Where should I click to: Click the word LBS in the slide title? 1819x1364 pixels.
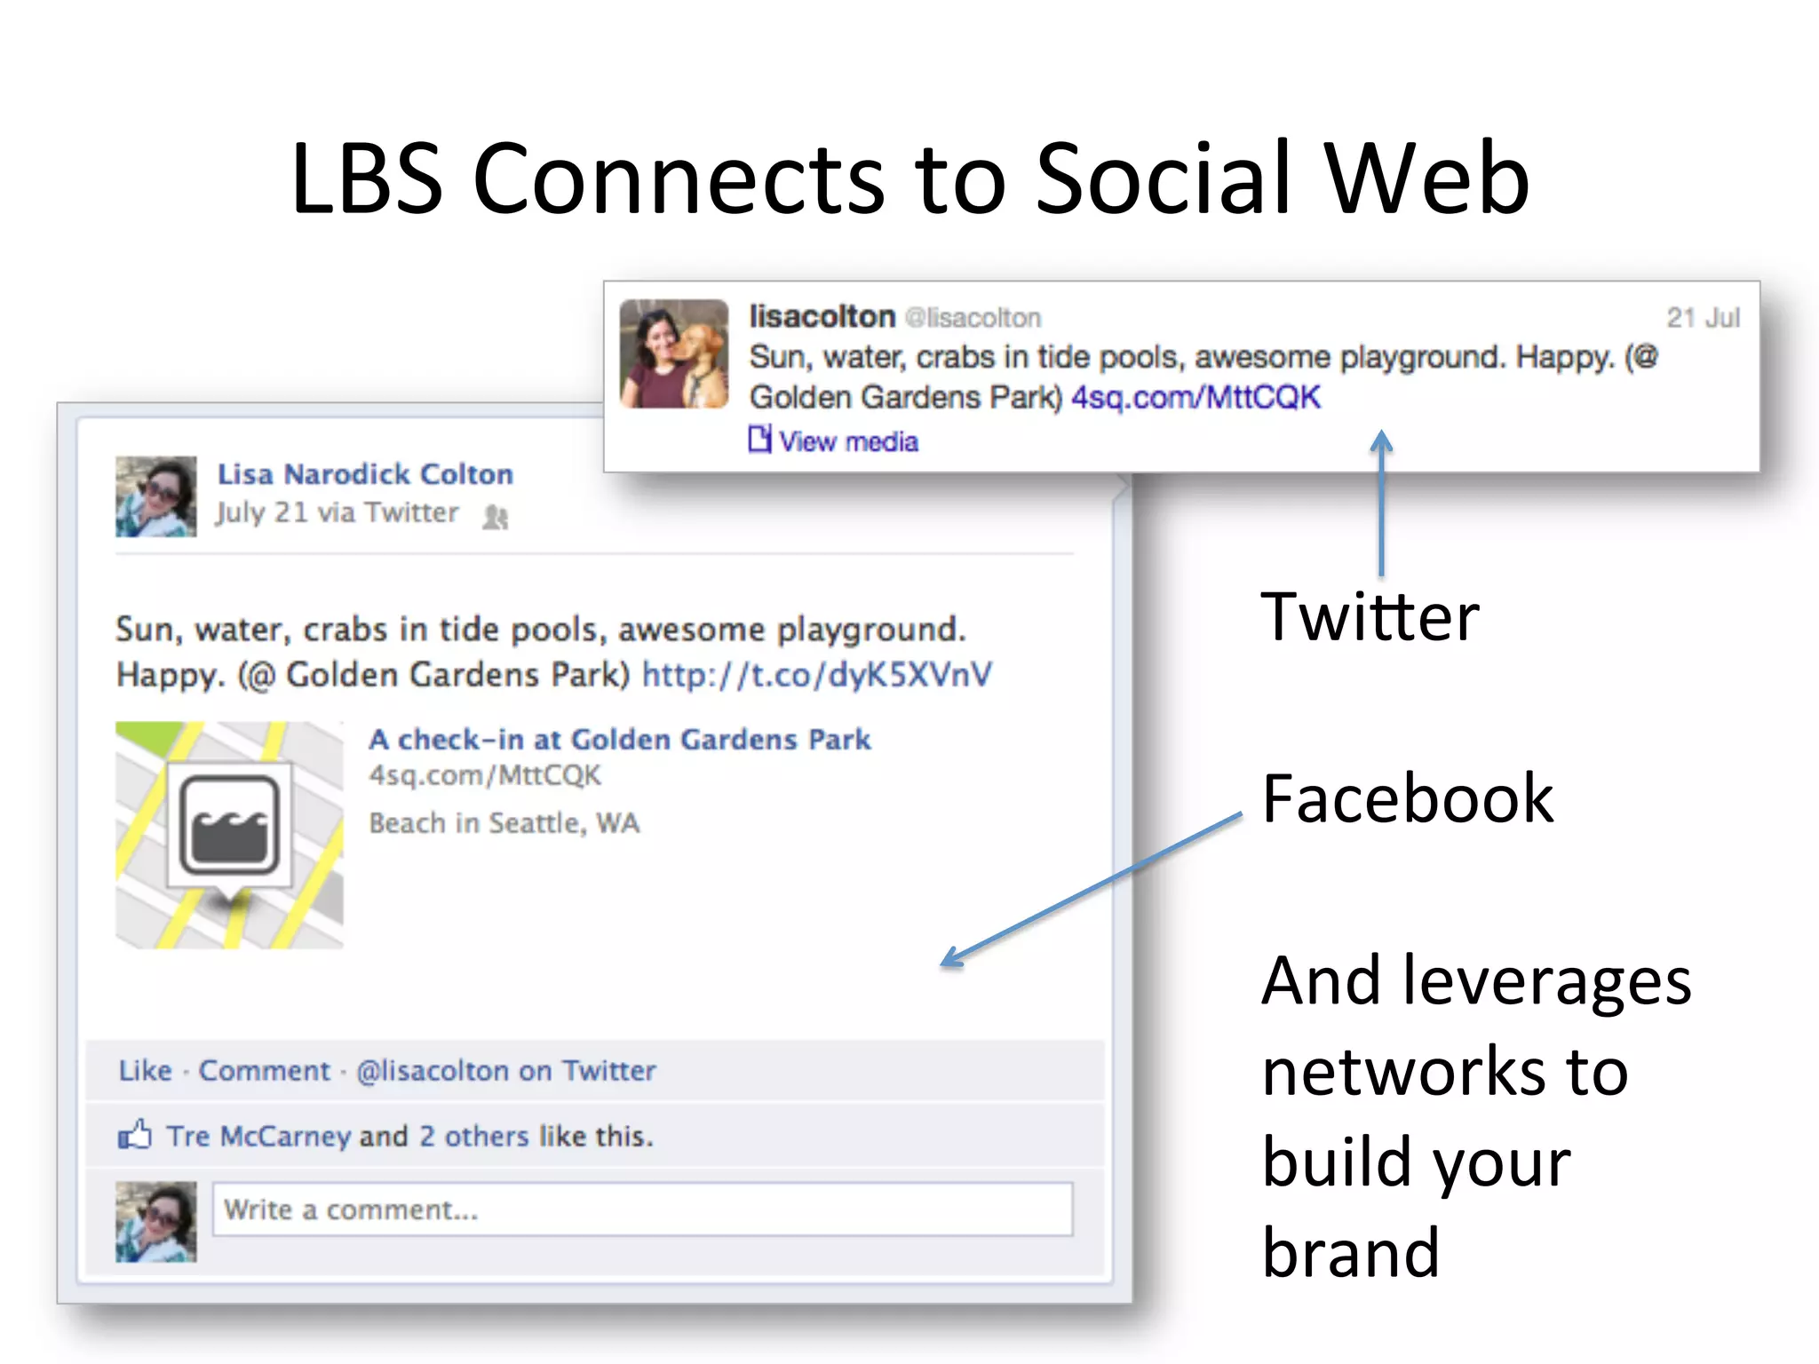point(367,179)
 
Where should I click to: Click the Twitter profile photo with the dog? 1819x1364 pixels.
point(674,353)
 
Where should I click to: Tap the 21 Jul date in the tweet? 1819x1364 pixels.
point(1702,318)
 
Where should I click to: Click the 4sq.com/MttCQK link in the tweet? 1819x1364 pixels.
point(1195,397)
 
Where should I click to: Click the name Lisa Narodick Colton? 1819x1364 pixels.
point(365,474)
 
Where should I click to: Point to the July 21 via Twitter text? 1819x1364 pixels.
point(337,513)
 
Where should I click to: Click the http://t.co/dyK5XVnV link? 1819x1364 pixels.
point(816,675)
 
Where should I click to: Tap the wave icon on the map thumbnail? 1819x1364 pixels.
point(229,825)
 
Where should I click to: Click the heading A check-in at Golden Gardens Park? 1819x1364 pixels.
point(620,740)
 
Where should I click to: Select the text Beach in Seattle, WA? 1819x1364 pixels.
point(504,823)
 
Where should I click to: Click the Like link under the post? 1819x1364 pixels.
point(145,1071)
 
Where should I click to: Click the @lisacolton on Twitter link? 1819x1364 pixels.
point(505,1071)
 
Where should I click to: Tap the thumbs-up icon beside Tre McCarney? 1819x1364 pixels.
point(135,1135)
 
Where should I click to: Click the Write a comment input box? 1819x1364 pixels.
point(641,1209)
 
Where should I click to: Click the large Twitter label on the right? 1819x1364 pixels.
point(1370,617)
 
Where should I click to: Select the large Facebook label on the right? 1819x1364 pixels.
point(1408,799)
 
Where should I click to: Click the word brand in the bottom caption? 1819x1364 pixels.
point(1350,1253)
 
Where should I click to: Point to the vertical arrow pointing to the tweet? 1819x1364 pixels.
point(1381,506)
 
